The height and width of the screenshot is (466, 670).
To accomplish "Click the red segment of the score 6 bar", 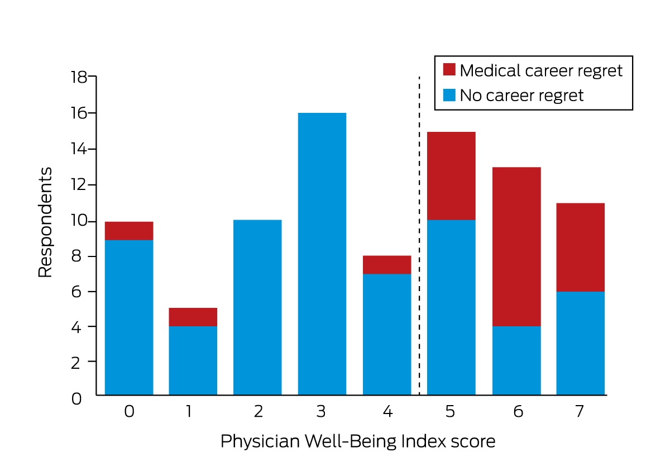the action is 516,246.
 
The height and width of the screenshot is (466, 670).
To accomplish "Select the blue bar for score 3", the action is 322,254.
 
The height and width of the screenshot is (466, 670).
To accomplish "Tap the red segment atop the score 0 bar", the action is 129,231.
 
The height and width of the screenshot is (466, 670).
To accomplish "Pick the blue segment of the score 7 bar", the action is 581,343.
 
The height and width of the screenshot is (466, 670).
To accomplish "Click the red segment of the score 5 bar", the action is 451,176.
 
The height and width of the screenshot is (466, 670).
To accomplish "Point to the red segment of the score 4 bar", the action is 387,265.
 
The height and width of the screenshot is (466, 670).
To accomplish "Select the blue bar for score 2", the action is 257,307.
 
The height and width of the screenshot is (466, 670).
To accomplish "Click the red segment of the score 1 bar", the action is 193,317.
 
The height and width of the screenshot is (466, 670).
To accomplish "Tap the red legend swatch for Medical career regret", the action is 449,69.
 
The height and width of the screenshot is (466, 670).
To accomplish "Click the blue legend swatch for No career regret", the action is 449,95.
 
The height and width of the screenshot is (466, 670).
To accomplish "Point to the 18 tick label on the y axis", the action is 79,77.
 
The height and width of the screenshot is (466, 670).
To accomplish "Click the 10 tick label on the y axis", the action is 79,221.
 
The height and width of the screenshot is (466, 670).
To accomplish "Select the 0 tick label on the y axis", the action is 76,399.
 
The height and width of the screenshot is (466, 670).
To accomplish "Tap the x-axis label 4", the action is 387,412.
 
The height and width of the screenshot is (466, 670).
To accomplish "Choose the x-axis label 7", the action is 580,412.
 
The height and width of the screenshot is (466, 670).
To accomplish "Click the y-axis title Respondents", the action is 45,222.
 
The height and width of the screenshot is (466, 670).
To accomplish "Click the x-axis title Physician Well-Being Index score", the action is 358,442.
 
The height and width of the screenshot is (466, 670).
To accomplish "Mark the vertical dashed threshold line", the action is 419,236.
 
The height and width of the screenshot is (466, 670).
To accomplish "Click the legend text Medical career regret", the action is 541,71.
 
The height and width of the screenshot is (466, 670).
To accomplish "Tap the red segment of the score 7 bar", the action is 581,248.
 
